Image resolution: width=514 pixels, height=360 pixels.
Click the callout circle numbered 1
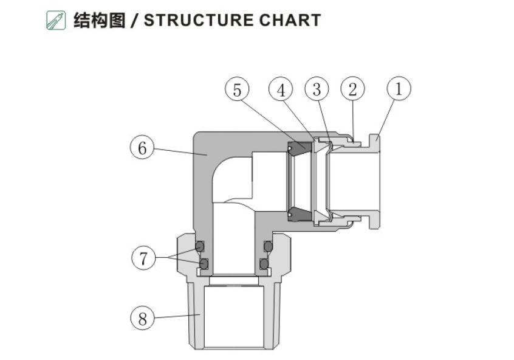tap(399, 89)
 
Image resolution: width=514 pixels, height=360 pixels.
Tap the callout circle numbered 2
tap(352, 89)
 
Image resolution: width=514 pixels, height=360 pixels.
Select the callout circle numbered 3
tap(317, 89)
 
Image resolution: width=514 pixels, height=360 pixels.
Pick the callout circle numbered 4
tap(281, 90)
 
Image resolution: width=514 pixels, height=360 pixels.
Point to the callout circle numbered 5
tap(237, 90)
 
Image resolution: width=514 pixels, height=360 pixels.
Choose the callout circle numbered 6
tap(142, 148)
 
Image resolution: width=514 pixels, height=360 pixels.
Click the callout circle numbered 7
tap(143, 258)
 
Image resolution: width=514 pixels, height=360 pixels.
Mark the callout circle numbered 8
tap(142, 318)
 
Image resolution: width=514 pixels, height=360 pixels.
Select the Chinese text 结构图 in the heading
tap(99, 20)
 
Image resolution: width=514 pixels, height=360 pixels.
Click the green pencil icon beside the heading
tap(56, 20)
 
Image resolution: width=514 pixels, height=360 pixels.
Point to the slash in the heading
tap(134, 20)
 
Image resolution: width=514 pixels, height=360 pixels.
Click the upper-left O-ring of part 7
tap(199, 246)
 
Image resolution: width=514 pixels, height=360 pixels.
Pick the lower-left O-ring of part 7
tap(204, 264)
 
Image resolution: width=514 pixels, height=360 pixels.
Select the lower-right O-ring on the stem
tap(264, 264)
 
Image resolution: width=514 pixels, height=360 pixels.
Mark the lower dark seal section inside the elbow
tap(298, 213)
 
